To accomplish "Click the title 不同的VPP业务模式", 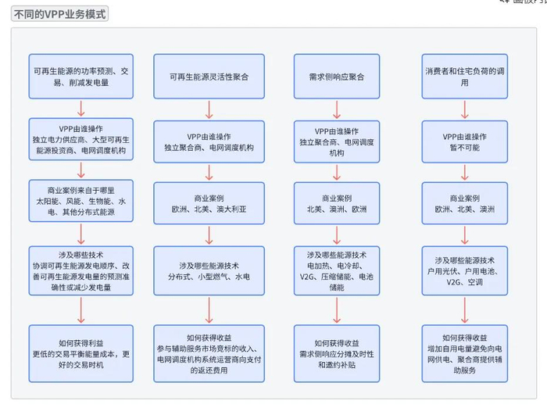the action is point(59,13).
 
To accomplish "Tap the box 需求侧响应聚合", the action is point(337,77).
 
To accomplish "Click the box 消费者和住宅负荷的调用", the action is point(464,77).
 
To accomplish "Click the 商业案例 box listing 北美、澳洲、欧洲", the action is point(337,203).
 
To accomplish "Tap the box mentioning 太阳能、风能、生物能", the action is point(81,203).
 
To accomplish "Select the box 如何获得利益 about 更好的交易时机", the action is point(81,353).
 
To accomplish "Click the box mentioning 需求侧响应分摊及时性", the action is point(337,353).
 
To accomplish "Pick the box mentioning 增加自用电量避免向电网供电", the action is point(464,353).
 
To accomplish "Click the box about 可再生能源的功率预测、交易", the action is point(81,77).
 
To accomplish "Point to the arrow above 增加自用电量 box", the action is point(464,310).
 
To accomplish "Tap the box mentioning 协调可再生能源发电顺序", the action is point(81,270).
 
